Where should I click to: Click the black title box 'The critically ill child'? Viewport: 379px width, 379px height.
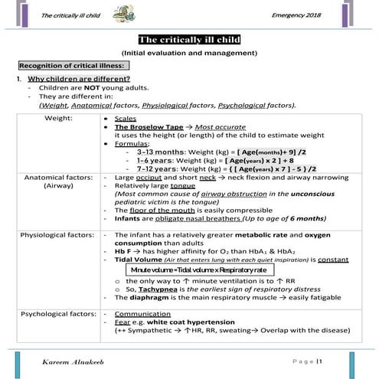189,40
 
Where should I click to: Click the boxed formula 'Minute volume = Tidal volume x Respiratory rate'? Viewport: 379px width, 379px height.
198,270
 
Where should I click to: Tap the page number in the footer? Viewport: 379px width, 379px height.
319,360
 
